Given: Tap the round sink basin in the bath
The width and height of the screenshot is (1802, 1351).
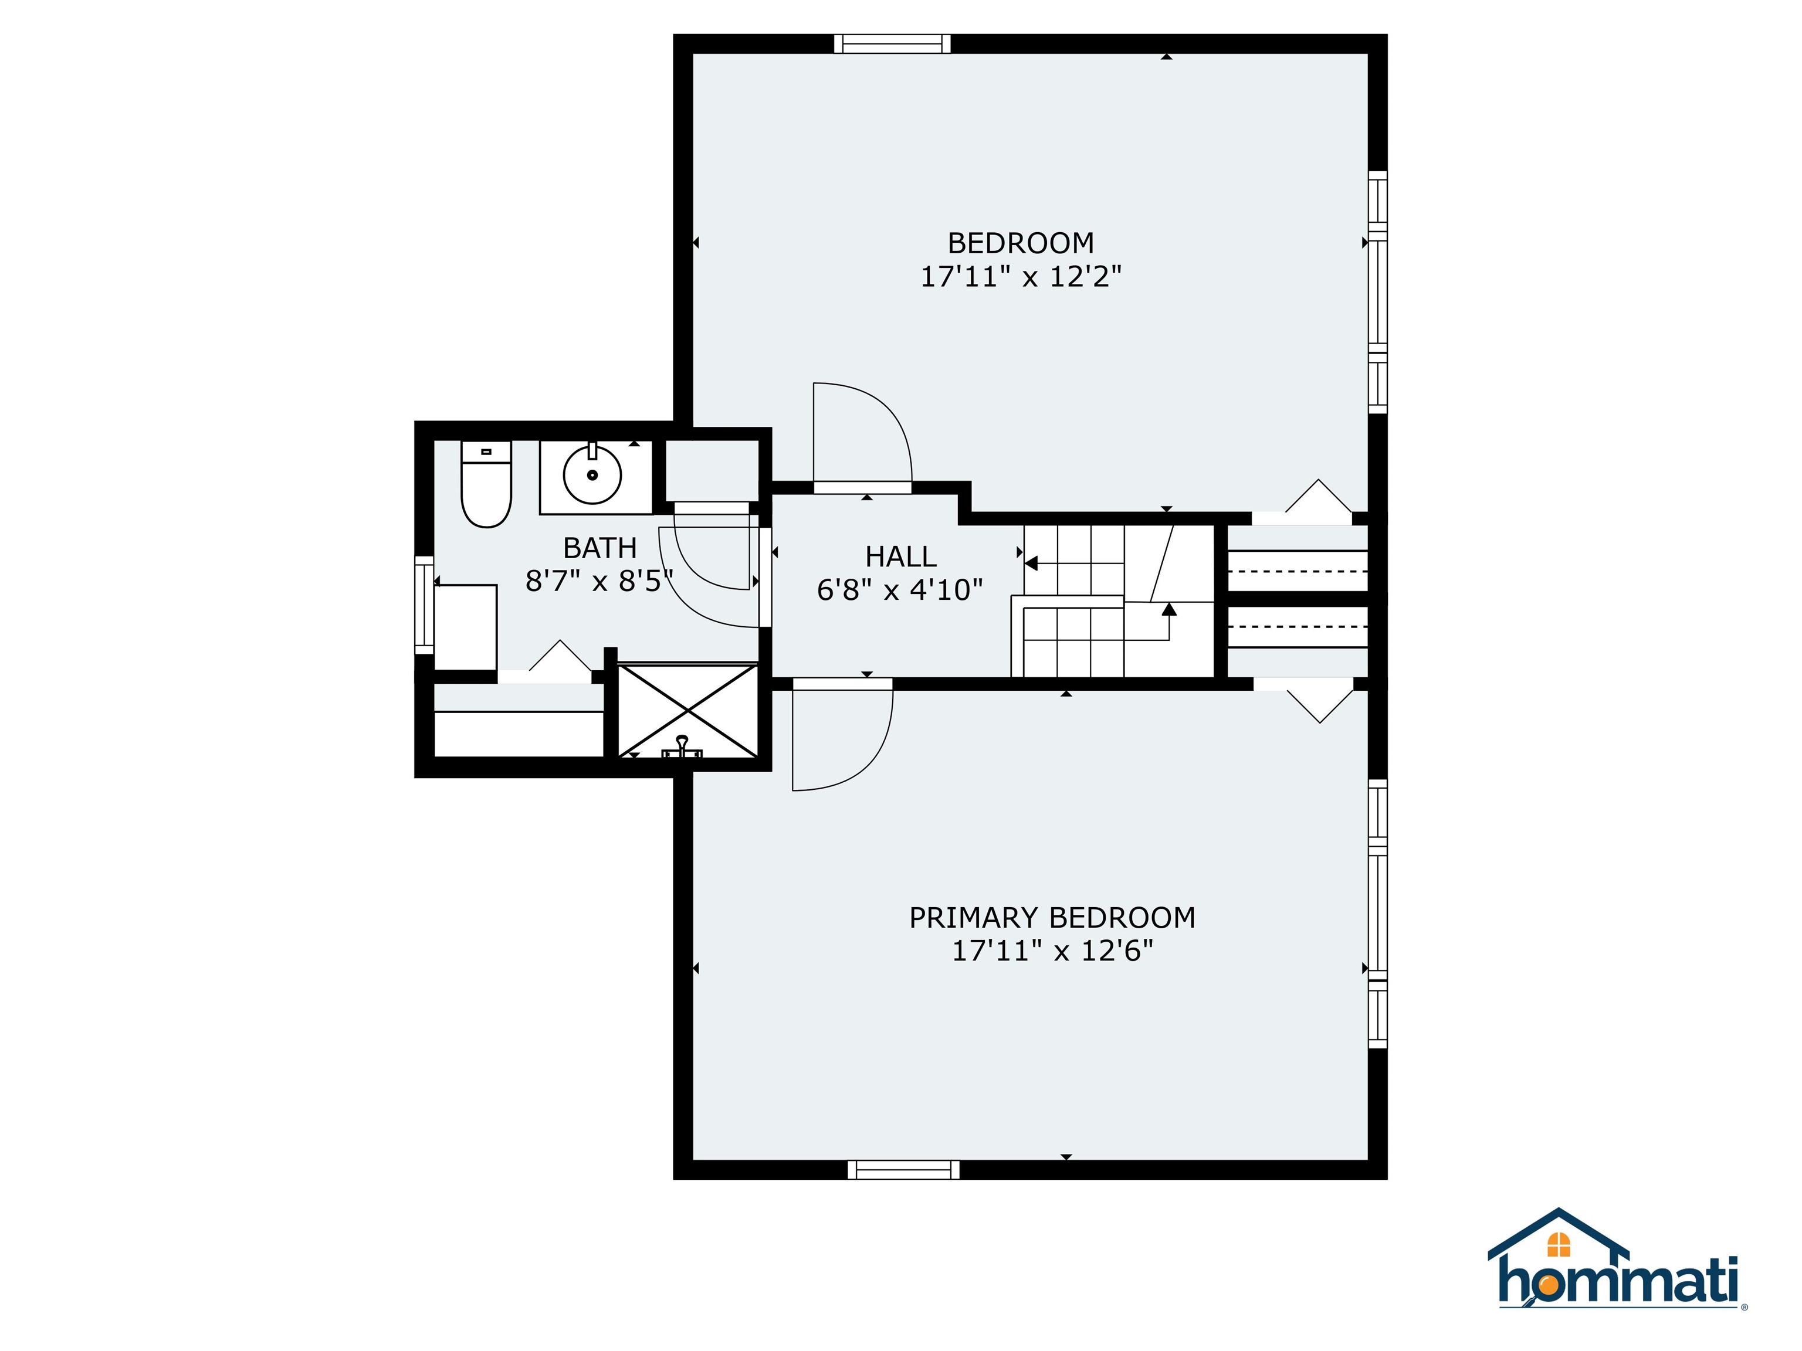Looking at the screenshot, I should [x=592, y=475].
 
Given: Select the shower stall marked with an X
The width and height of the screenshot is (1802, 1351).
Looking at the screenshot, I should [x=689, y=710].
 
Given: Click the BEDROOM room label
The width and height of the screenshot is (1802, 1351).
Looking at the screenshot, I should [x=1020, y=243].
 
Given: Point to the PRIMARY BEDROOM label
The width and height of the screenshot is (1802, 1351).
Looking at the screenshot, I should [x=1052, y=918].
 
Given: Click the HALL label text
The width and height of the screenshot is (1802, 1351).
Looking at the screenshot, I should [x=900, y=556].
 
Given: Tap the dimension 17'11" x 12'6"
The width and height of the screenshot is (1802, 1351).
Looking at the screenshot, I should [x=1052, y=951].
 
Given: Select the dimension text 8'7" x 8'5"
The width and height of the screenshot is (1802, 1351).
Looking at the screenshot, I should [x=599, y=581].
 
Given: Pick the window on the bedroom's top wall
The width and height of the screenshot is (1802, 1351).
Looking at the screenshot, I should [x=892, y=44].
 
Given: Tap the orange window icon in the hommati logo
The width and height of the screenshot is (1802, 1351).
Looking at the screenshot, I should [x=1559, y=1244].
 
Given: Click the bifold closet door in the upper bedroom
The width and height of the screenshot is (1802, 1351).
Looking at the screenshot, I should [x=1318, y=499].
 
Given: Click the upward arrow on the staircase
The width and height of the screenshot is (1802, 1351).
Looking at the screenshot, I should [x=1169, y=609].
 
